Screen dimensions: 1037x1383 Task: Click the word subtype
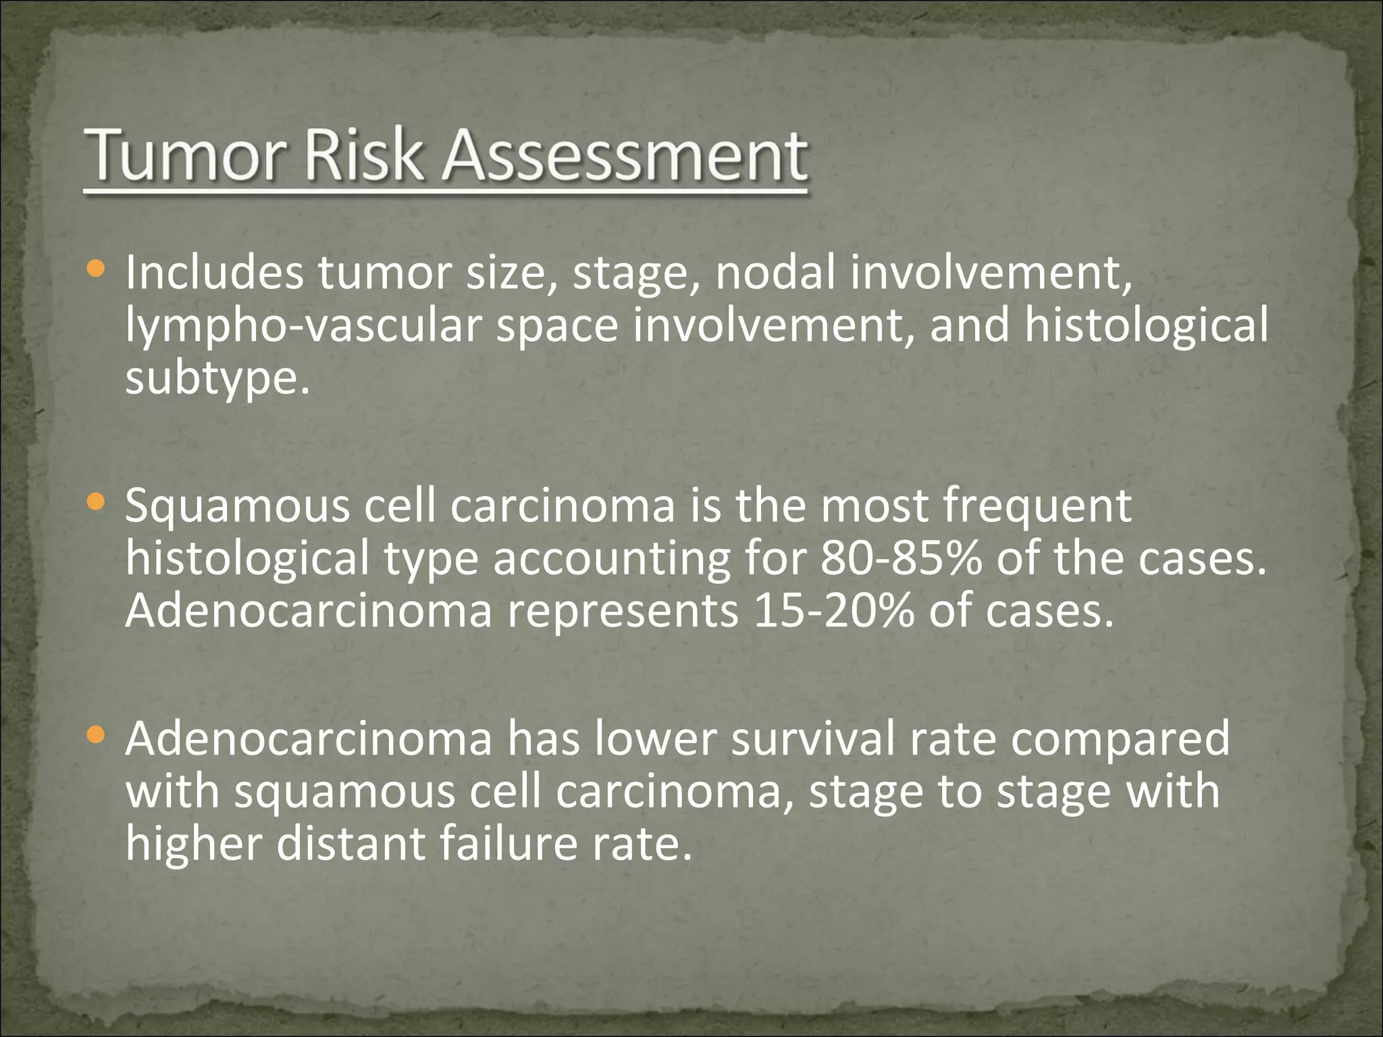[x=216, y=378]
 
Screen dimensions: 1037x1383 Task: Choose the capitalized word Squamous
[x=237, y=506]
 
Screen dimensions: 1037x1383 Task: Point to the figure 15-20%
[x=833, y=611]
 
